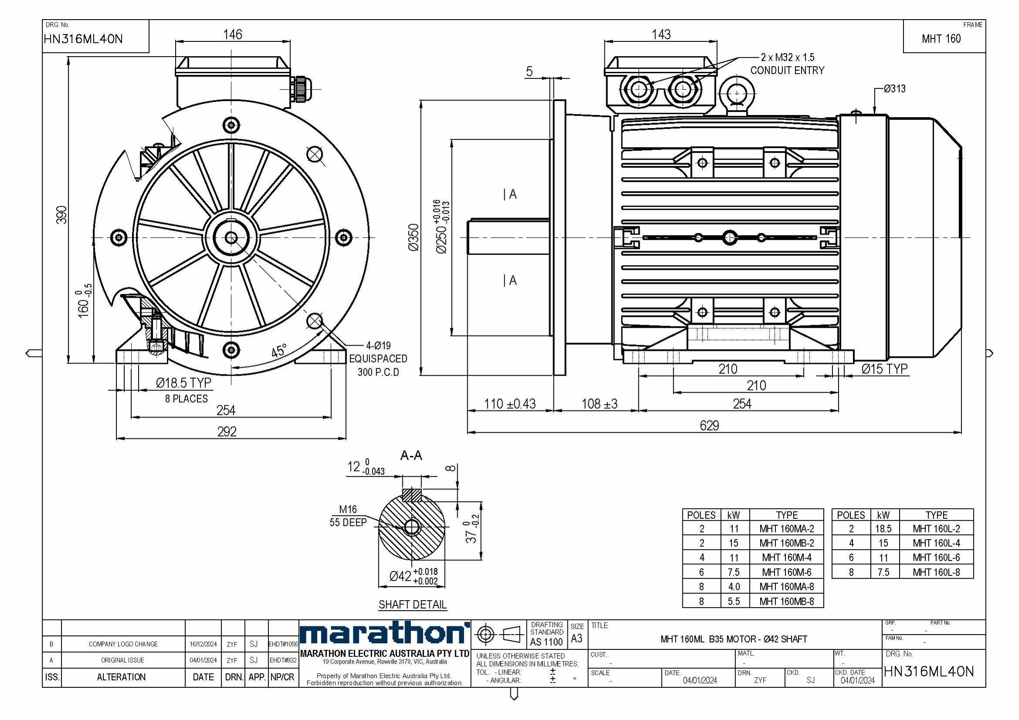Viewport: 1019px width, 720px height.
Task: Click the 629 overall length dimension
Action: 709,425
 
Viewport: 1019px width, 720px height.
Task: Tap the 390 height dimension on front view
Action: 62,215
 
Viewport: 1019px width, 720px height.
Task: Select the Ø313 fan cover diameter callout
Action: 894,89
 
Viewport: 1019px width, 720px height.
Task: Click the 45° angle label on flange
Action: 279,351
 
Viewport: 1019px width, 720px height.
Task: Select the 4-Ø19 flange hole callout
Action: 378,345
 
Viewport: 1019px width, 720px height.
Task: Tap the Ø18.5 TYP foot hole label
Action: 183,383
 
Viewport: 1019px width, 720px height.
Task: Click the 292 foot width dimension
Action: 226,431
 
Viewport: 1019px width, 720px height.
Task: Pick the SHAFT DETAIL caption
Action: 412,605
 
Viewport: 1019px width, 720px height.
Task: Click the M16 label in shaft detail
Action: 347,509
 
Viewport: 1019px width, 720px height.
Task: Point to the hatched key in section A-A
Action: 411,495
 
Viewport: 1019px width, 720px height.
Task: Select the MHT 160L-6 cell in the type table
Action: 936,557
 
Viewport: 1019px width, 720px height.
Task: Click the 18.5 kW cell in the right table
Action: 883,529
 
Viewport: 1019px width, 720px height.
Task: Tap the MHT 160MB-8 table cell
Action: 786,601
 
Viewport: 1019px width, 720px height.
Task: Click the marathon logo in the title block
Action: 384,633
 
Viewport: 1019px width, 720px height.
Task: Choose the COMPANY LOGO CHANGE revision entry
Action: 123,644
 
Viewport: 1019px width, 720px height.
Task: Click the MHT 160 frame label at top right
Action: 941,39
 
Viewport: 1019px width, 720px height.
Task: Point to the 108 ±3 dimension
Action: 599,404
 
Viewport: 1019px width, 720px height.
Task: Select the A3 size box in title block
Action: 577,638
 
